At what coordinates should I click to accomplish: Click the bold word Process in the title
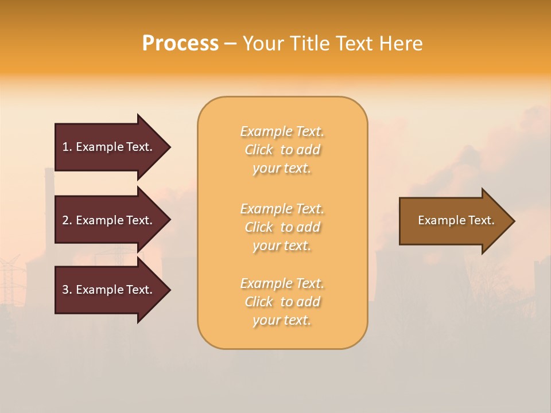pyautogui.click(x=180, y=44)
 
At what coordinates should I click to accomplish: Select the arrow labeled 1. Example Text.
pyautogui.click(x=109, y=147)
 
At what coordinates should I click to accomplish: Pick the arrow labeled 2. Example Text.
pyautogui.click(x=109, y=220)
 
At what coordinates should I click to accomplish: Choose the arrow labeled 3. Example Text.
pyautogui.click(x=109, y=290)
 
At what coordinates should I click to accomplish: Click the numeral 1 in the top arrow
pyautogui.click(x=65, y=147)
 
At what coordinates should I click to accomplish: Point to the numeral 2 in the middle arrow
pyautogui.click(x=65, y=220)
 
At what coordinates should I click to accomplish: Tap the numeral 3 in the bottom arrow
pyautogui.click(x=65, y=290)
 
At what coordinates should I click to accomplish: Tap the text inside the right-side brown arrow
pyautogui.click(x=456, y=220)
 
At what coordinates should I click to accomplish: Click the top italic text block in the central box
pyautogui.click(x=282, y=150)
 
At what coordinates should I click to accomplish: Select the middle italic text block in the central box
pyautogui.click(x=282, y=227)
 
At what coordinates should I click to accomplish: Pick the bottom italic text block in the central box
pyautogui.click(x=282, y=302)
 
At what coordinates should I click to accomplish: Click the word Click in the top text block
pyautogui.click(x=259, y=150)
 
